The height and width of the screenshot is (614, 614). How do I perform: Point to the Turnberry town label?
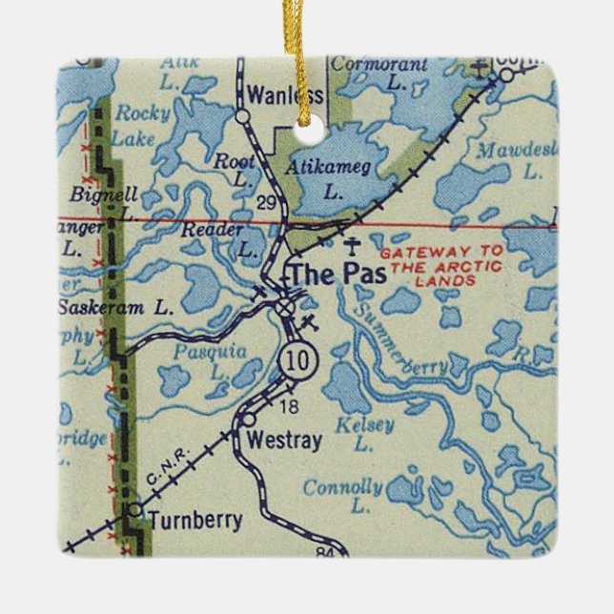coord(194,522)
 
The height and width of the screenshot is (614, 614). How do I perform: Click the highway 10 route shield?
coord(294,361)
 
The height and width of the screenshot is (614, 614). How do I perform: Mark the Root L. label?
coord(235,170)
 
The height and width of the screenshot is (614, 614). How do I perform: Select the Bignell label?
coord(105,194)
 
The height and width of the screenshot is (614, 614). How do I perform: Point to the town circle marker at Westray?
coord(248,419)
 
